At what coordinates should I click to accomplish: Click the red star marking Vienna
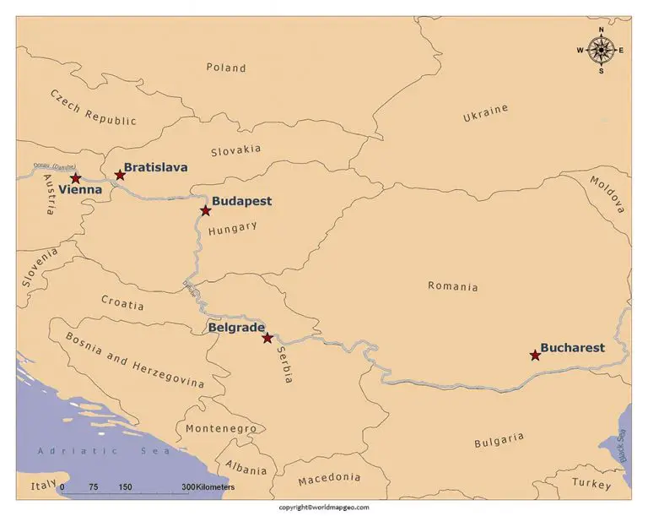(75, 178)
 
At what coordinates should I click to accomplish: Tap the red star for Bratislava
(120, 176)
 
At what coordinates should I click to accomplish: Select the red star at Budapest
(205, 210)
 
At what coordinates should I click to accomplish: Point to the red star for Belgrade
(267, 338)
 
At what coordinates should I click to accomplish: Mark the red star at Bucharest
(535, 356)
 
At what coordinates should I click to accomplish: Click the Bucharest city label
(572, 347)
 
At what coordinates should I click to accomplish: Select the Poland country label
(226, 68)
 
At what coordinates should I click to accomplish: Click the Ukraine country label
(485, 114)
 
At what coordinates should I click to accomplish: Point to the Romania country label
(452, 286)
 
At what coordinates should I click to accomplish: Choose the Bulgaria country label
(499, 441)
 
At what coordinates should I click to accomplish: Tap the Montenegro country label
(220, 429)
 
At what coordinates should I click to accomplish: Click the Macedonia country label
(328, 480)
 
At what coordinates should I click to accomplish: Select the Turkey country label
(591, 483)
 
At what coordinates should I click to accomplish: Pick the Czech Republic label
(93, 108)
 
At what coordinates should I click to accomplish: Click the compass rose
(601, 50)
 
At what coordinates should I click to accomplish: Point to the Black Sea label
(622, 446)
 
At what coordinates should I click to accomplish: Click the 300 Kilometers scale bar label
(208, 488)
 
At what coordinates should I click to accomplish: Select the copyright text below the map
(324, 508)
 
